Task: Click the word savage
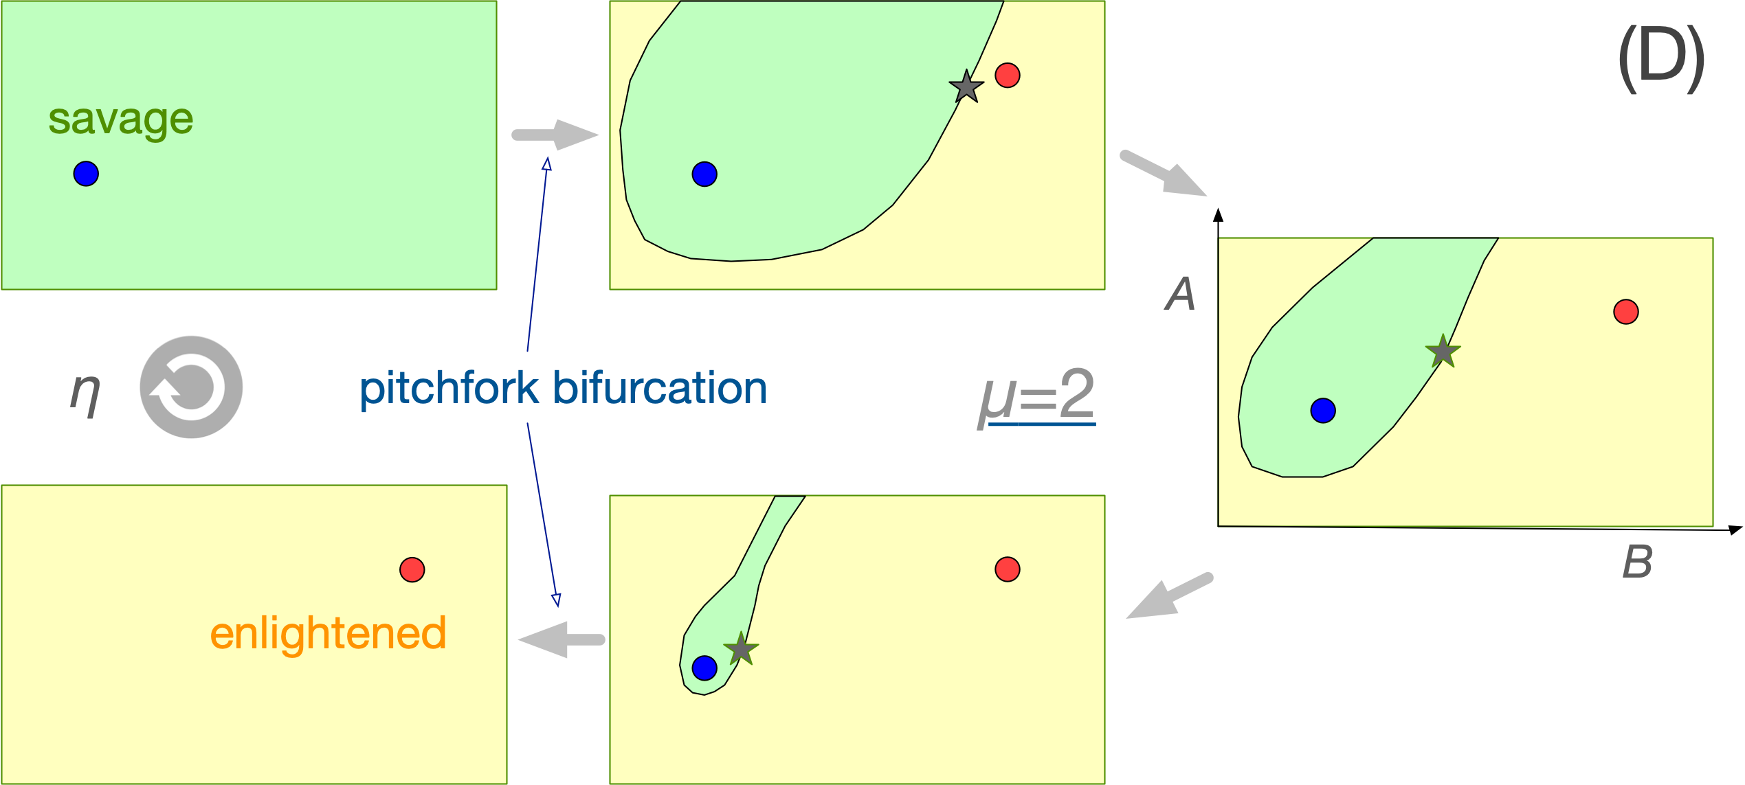point(121,120)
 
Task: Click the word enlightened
point(328,633)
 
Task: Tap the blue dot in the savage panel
point(86,174)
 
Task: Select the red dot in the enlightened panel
point(412,569)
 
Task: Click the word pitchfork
point(449,389)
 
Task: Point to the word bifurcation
point(660,388)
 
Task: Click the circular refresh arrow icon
point(191,387)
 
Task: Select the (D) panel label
point(1661,60)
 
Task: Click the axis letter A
point(1181,295)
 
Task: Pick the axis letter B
point(1637,562)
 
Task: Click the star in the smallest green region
point(741,649)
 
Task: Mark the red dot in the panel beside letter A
point(1625,312)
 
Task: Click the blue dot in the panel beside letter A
point(1322,411)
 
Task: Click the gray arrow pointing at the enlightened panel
point(561,639)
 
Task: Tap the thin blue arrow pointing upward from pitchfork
point(537,254)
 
